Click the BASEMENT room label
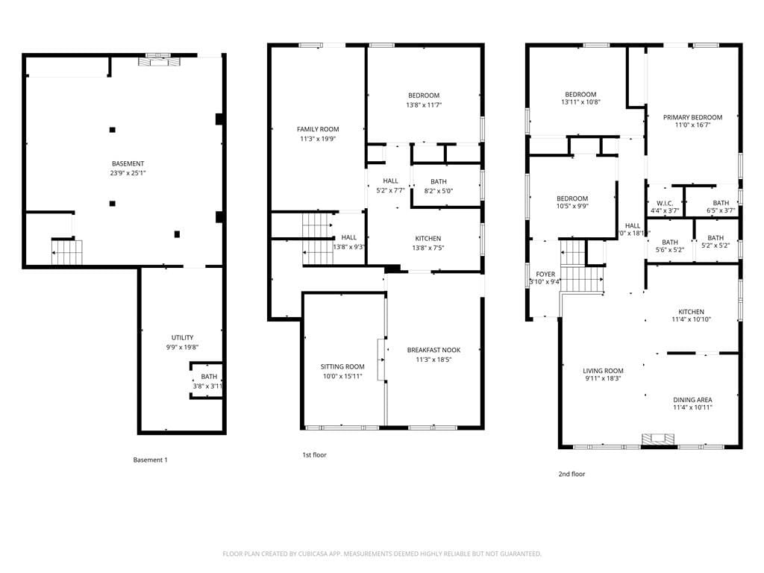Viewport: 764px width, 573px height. (x=128, y=163)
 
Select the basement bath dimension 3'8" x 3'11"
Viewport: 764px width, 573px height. (x=208, y=386)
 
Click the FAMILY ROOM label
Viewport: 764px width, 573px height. (x=318, y=129)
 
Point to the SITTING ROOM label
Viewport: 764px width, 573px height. (x=342, y=366)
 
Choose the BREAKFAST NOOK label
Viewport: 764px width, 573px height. (x=433, y=350)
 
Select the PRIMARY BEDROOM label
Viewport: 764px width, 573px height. (x=692, y=117)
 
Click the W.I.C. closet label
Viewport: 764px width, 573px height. (x=665, y=203)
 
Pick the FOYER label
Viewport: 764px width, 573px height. (x=545, y=274)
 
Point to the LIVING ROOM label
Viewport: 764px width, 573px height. (x=603, y=371)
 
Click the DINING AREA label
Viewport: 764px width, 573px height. (x=692, y=400)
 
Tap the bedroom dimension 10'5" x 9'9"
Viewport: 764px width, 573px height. (x=572, y=207)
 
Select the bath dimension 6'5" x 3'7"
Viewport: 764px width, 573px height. (x=721, y=210)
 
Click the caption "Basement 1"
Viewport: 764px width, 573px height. (x=150, y=460)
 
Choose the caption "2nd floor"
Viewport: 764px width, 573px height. (x=572, y=474)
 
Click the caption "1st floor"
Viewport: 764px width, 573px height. (x=314, y=454)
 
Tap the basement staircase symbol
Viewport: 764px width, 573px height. (x=67, y=252)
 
